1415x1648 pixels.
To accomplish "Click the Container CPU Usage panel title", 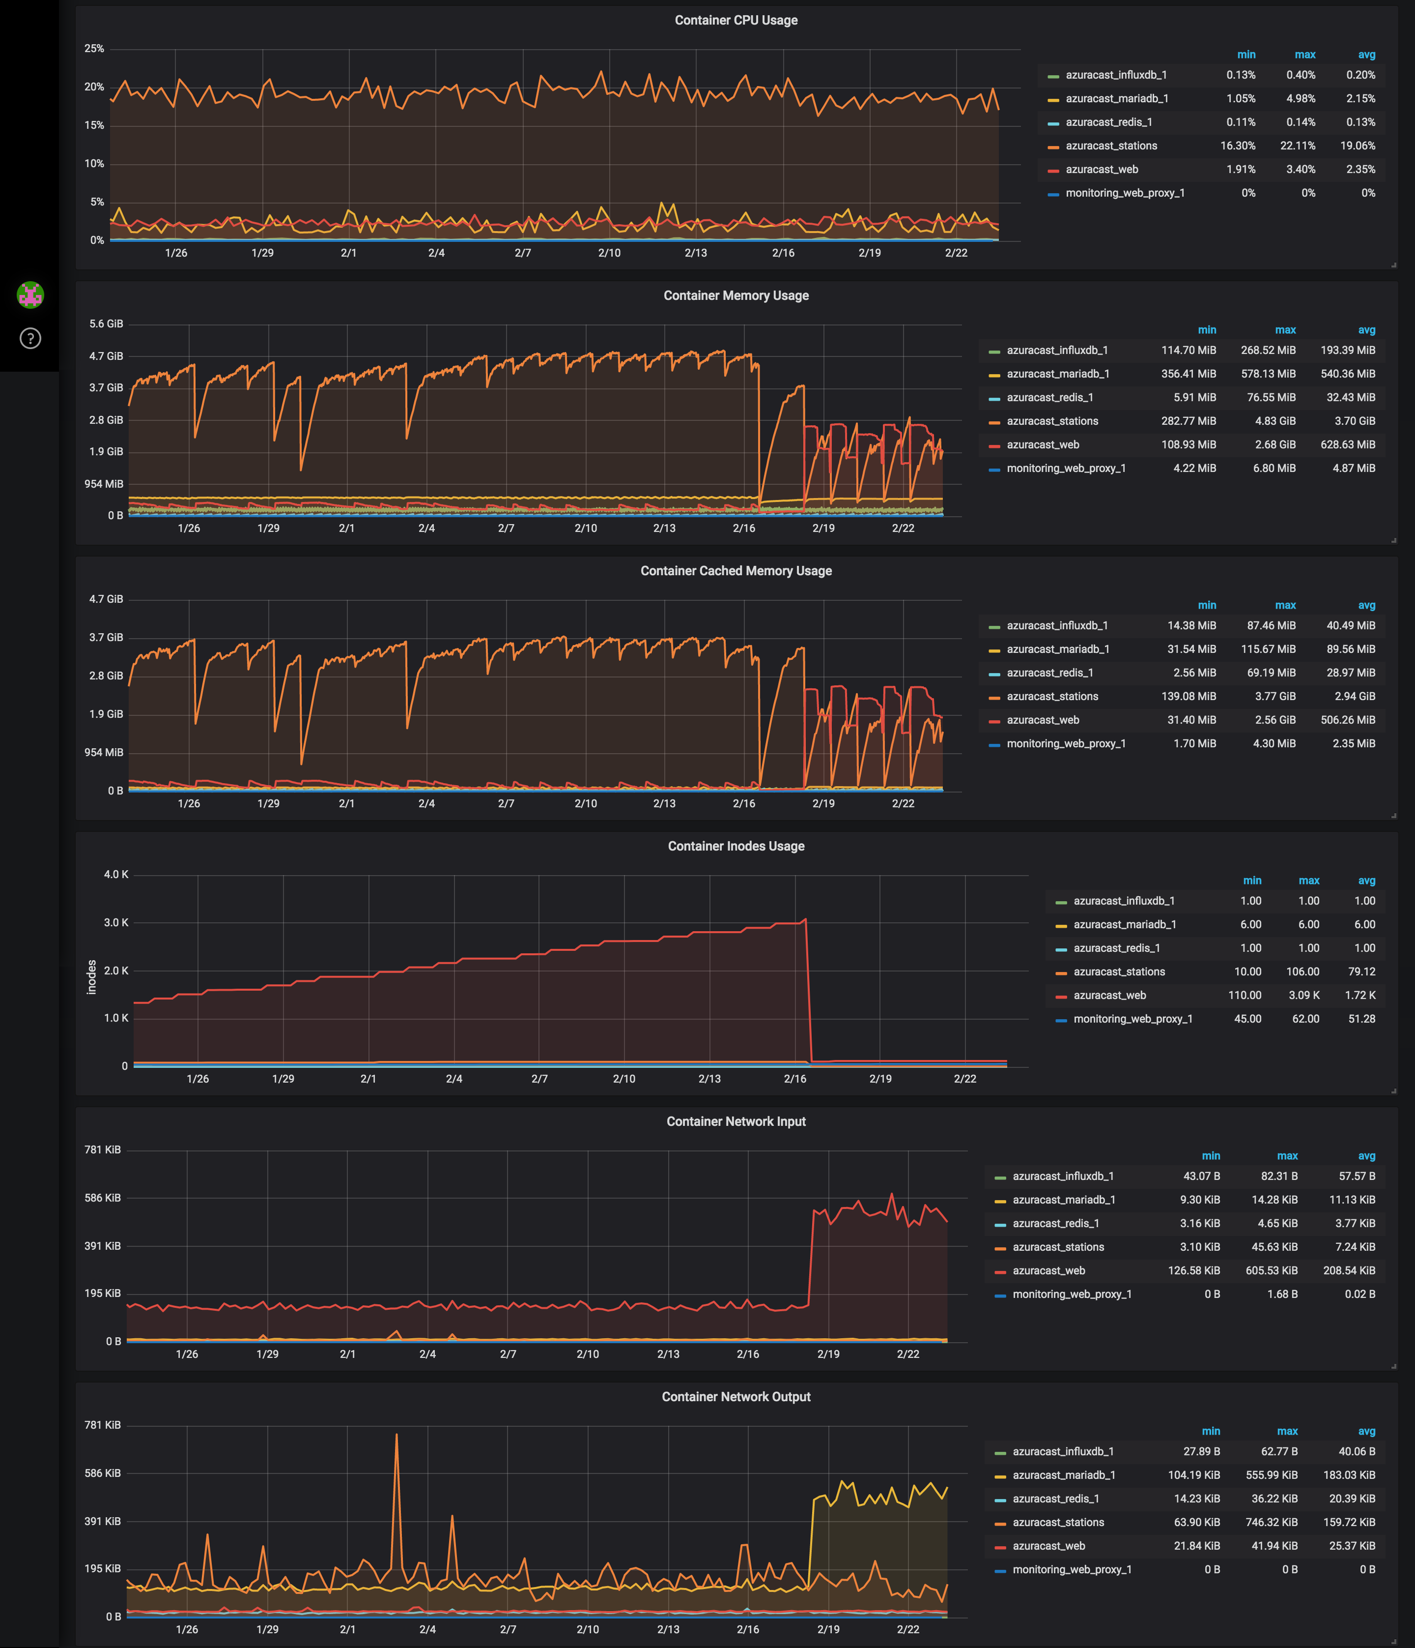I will point(736,20).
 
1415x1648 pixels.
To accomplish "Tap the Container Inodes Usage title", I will point(736,846).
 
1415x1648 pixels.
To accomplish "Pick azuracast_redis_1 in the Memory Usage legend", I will point(1049,397).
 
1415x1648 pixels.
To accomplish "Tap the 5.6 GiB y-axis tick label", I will point(106,324).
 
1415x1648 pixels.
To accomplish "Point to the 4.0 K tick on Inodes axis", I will point(115,874).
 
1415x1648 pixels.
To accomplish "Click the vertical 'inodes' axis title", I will point(91,977).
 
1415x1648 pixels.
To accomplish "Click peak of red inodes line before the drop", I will point(805,919).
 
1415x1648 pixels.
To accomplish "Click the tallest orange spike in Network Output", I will point(396,1435).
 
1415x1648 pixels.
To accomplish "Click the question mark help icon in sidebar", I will point(30,338).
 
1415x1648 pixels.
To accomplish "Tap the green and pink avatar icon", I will point(30,294).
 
